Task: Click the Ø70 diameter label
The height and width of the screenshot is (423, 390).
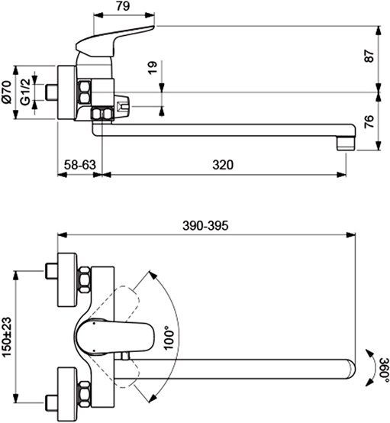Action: (x=8, y=91)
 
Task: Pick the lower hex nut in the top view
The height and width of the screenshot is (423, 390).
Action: (x=85, y=391)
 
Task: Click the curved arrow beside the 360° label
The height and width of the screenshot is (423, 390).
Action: (x=369, y=368)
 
